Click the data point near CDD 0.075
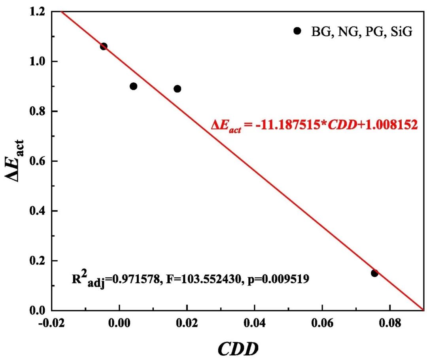click(x=374, y=273)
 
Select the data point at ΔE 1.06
click(x=104, y=46)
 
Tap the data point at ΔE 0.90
click(x=133, y=86)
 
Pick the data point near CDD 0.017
click(x=178, y=89)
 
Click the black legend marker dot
click(x=298, y=31)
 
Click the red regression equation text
click(x=314, y=125)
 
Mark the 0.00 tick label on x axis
click(x=119, y=323)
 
